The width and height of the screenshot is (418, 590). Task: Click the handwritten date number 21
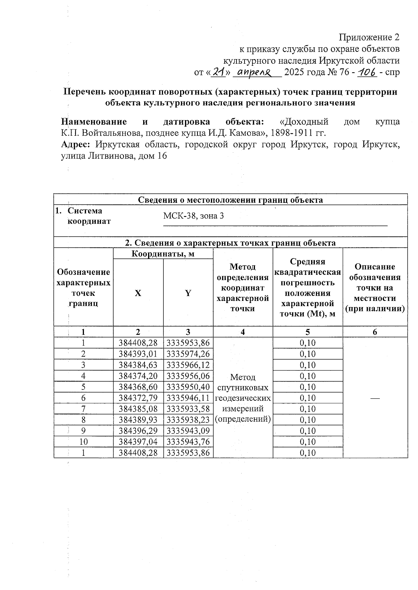219,72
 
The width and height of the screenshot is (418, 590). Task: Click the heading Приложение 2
369,37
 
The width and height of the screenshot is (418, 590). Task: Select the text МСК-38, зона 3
194,216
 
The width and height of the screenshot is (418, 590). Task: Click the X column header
138,293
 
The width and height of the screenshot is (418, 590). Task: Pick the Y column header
188,293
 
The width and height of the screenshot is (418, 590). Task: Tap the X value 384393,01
138,354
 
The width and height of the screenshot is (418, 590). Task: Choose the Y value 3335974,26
188,354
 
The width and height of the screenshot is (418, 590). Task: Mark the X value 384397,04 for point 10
138,441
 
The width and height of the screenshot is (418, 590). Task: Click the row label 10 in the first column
84,441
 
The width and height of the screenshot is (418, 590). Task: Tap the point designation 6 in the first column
84,398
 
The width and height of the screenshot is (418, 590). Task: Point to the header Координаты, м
163,254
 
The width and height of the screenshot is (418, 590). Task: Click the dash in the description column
375,398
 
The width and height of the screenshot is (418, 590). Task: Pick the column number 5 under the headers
308,332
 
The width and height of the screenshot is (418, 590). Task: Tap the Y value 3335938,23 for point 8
188,420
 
